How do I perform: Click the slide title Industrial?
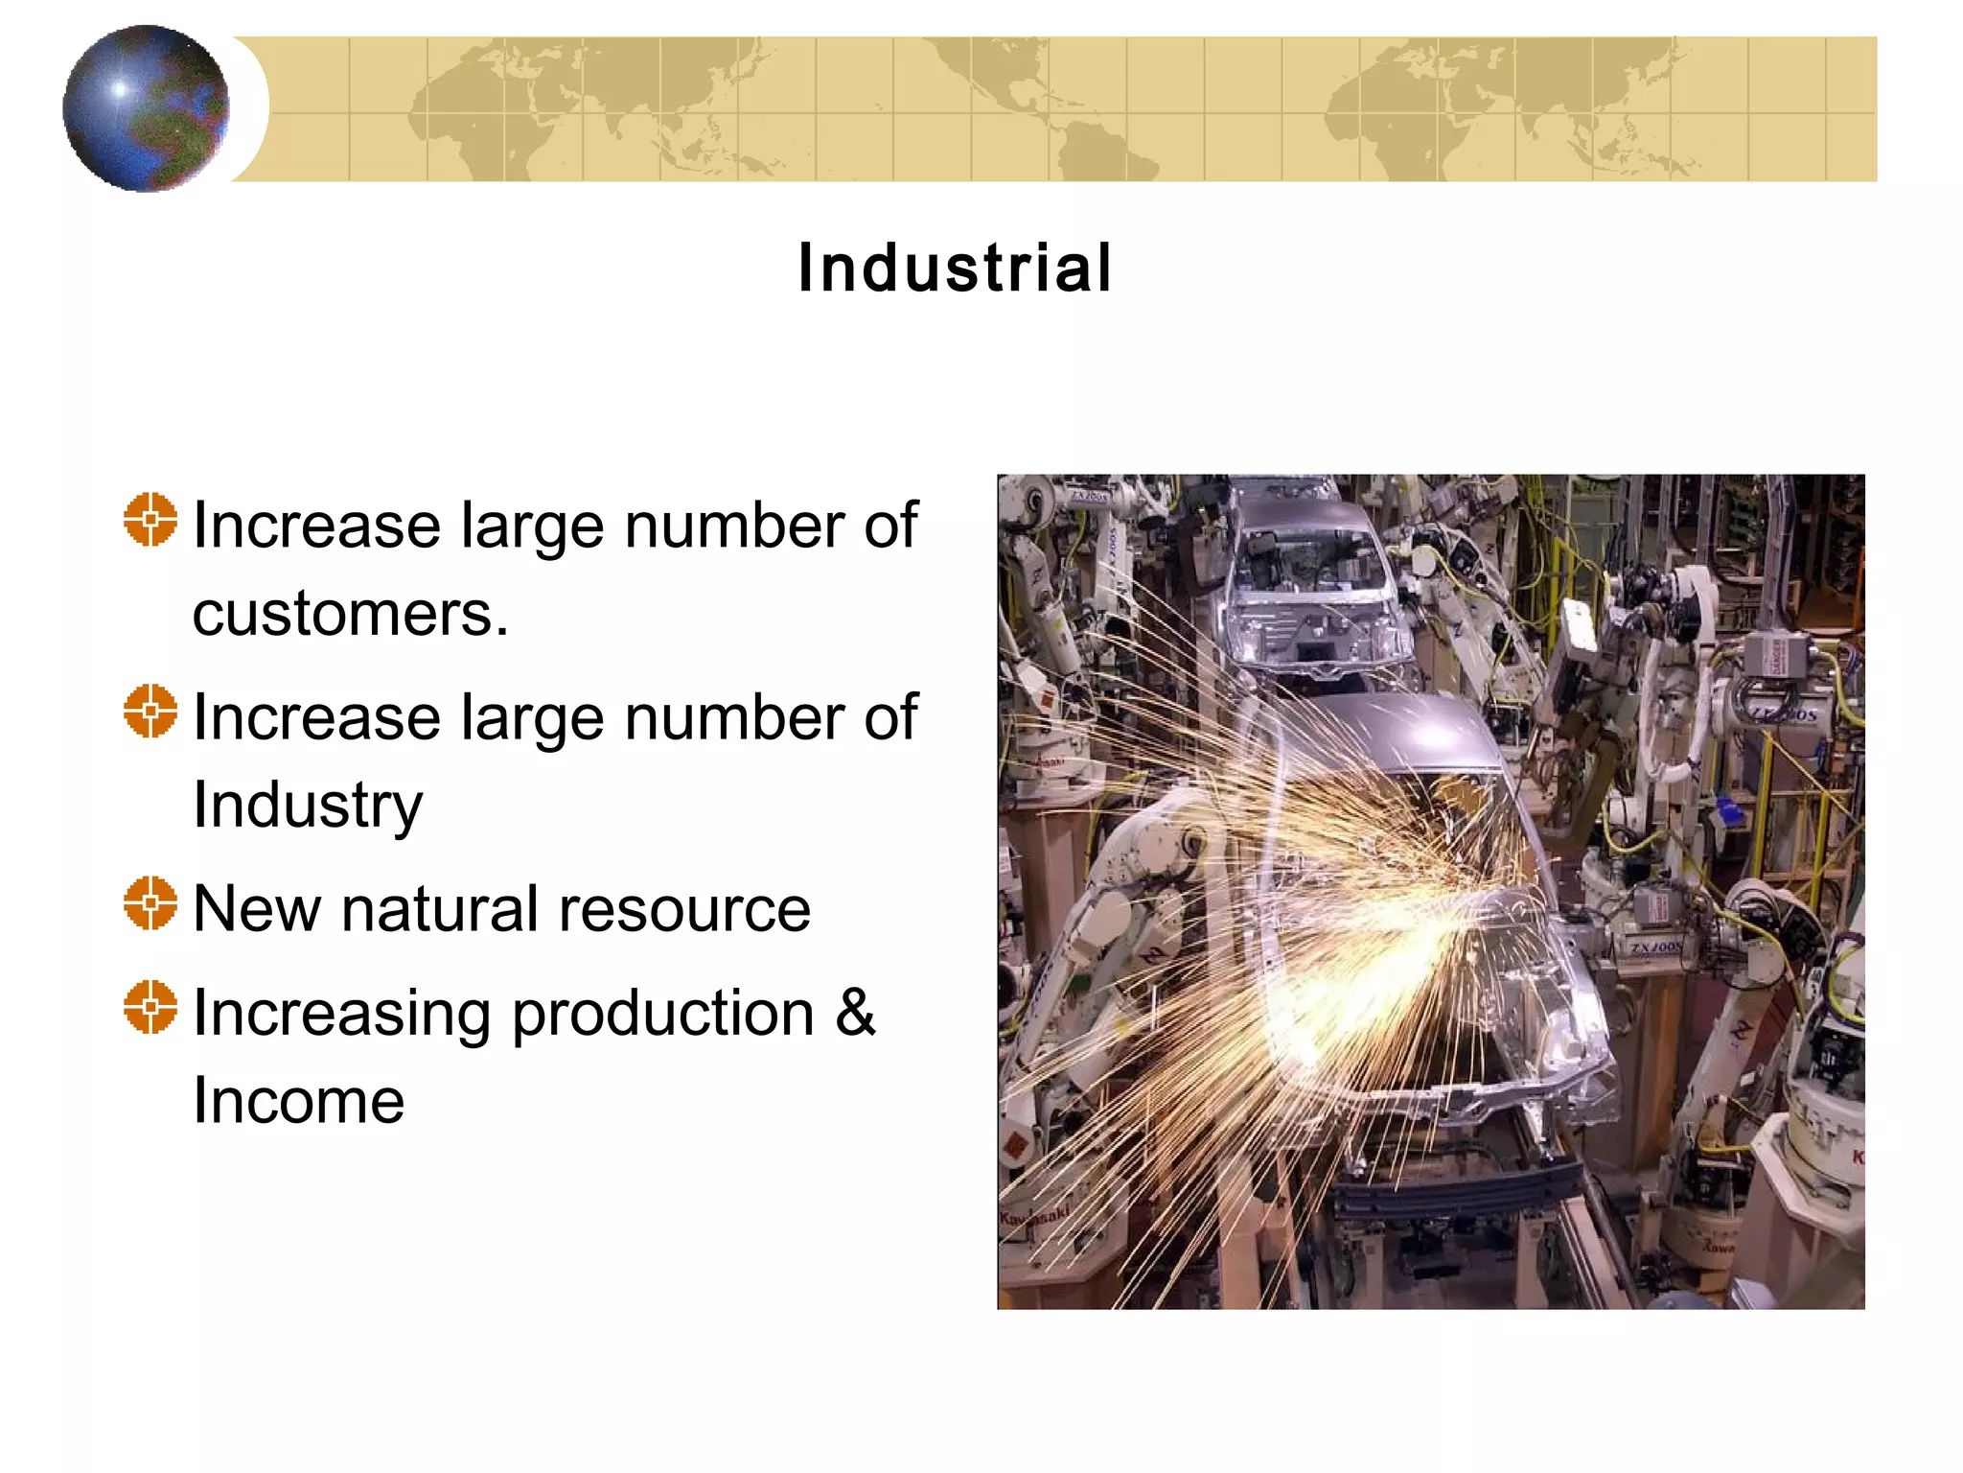pos(955,268)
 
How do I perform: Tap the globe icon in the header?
pos(146,108)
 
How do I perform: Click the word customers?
pos(349,614)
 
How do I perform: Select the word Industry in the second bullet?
pos(307,806)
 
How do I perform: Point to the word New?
pos(256,909)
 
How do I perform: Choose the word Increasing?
pos(341,1015)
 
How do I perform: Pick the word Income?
pos(298,1101)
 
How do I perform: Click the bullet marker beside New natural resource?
pos(150,903)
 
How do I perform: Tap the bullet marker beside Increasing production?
pos(150,1007)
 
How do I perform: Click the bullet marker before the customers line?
pos(150,520)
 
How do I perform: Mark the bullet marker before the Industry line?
pos(150,712)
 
